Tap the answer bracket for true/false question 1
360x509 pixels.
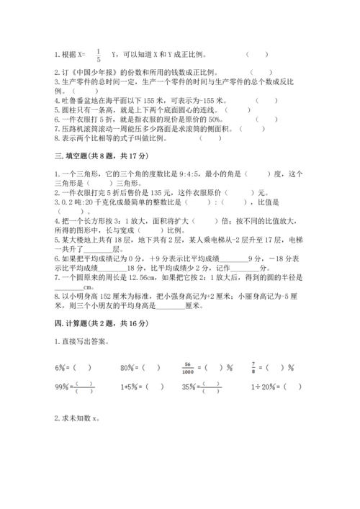pos(257,54)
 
